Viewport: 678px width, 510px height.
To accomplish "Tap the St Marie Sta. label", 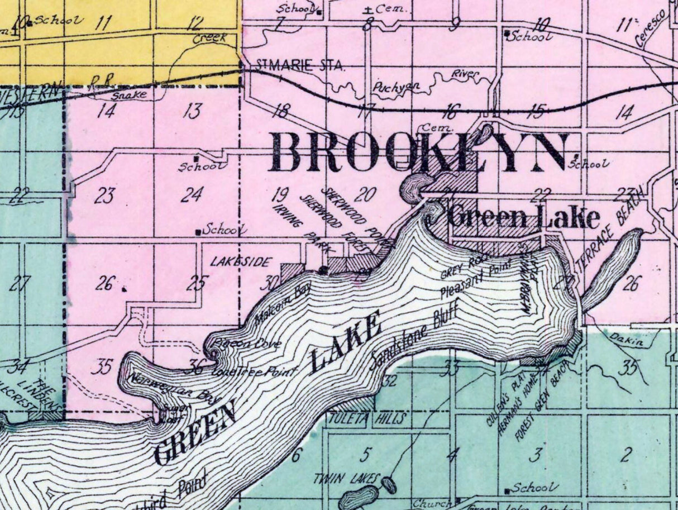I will tap(300, 66).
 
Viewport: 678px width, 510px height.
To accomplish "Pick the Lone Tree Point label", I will tap(255, 371).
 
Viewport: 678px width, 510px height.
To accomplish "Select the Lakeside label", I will tap(241, 261).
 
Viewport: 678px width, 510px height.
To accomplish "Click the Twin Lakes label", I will tap(346, 478).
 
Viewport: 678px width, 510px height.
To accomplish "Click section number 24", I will tap(192, 194).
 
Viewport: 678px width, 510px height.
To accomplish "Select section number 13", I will tap(192, 111).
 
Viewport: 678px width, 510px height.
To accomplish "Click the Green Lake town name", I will tap(524, 217).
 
